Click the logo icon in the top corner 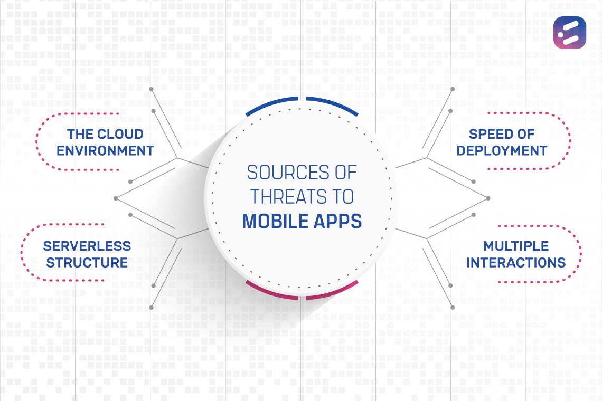(570, 33)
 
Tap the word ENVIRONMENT (105, 150)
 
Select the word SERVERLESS (87, 246)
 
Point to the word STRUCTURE (87, 262)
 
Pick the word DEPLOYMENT (502, 150)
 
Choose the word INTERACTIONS (516, 262)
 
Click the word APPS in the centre (340, 221)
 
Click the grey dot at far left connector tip (116, 198)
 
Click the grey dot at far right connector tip (488, 198)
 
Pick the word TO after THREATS (342, 197)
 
